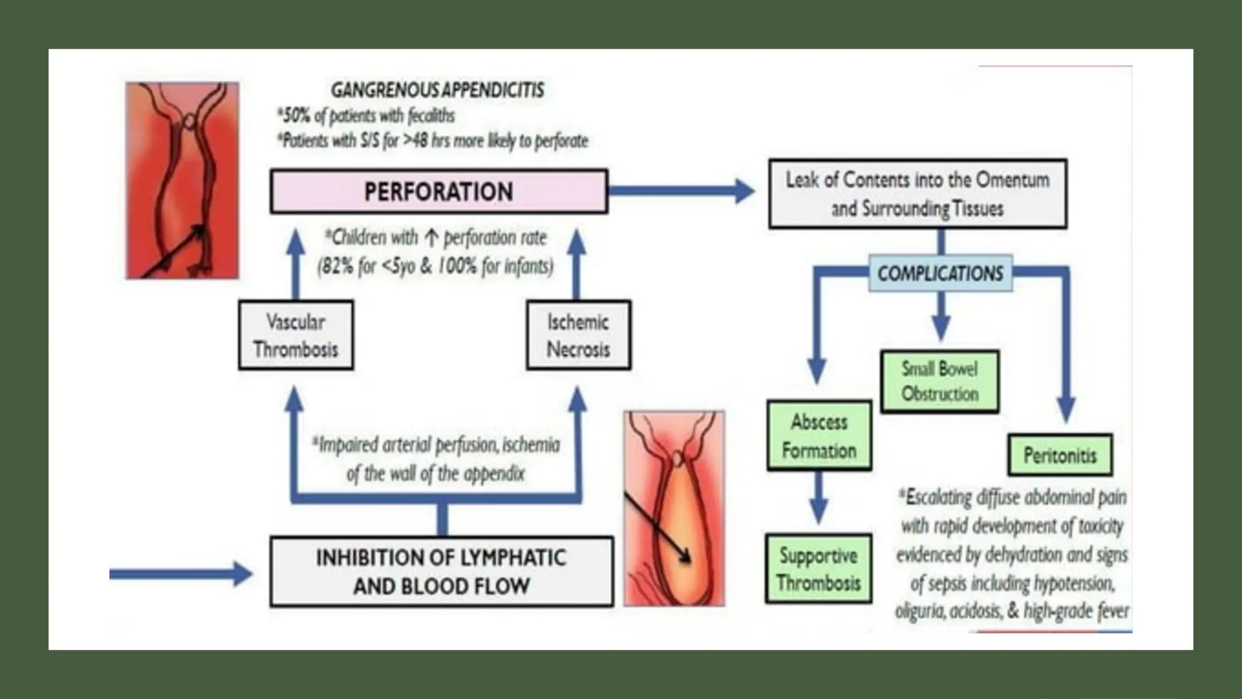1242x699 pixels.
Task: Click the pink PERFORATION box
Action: click(x=438, y=192)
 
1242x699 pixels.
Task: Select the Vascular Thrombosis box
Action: click(x=296, y=335)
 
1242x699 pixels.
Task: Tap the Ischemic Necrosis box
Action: click(x=578, y=335)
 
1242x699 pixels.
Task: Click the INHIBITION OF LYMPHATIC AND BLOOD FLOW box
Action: click(x=441, y=572)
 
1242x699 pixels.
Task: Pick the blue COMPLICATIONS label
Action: click(x=940, y=274)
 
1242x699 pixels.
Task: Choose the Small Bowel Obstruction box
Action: click(x=939, y=382)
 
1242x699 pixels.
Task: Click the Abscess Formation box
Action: click(x=819, y=436)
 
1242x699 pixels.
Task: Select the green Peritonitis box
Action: click(x=1059, y=455)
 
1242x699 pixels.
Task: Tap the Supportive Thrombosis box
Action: click(x=818, y=569)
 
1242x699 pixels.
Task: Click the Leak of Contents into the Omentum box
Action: click(x=917, y=194)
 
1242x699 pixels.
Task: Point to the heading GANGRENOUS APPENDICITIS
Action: click(x=437, y=90)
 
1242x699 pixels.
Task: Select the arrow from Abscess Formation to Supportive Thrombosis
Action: click(x=819, y=499)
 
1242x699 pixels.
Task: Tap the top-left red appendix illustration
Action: click(x=182, y=181)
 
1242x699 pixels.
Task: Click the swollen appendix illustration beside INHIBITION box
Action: click(x=674, y=508)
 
